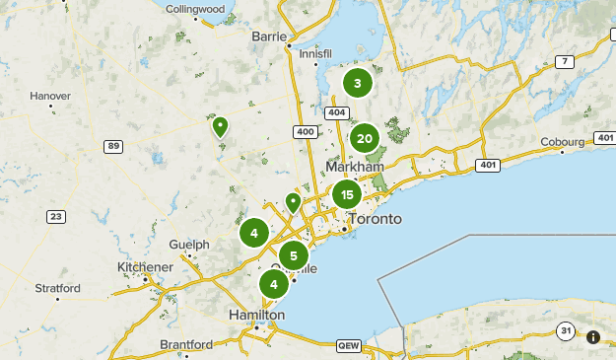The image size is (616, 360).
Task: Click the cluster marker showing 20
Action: pos(365,138)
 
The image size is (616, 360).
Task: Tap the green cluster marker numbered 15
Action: pos(347,195)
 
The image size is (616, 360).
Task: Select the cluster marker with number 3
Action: pos(358,83)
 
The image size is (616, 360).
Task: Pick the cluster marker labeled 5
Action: pos(293,256)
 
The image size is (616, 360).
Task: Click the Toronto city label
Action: pos(375,218)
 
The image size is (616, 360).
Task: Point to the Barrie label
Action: pos(269,36)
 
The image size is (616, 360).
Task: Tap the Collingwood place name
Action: pos(195,9)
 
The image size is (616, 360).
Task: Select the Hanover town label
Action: pos(50,96)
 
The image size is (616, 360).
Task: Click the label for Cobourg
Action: pos(563,141)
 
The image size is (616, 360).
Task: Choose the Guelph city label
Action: pos(189,244)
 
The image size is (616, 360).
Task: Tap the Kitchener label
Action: pos(146,267)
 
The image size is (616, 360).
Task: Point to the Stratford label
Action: pos(57,289)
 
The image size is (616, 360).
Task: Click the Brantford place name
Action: pos(186,344)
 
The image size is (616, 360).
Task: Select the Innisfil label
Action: pos(314,53)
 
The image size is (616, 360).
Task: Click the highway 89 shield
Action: pos(114,146)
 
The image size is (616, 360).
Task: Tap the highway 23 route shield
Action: pos(56,217)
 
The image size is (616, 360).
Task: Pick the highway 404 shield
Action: pos(337,112)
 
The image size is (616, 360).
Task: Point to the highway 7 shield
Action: pos(565,62)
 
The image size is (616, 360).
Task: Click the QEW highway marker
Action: pos(349,346)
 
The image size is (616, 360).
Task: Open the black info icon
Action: pos(593,337)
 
